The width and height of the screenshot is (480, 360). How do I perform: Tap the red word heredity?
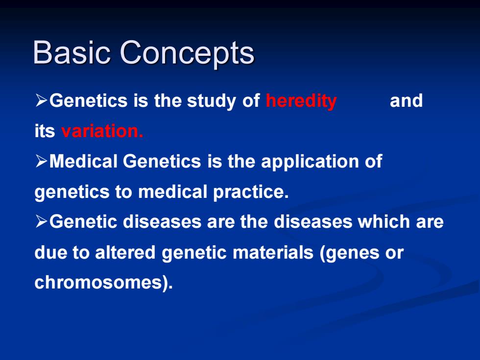point(301,101)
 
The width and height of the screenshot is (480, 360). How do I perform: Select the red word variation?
point(102,131)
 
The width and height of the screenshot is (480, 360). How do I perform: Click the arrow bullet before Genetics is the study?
point(41,100)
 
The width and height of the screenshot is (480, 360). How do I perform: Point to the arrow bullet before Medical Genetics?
point(41,161)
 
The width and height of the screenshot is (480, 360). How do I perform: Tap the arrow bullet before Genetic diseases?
point(41,221)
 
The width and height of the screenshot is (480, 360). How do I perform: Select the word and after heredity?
point(406,100)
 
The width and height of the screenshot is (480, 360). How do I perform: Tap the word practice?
point(251,192)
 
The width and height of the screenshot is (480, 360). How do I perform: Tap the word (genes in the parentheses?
point(349,254)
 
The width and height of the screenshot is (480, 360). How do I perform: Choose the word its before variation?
point(45,131)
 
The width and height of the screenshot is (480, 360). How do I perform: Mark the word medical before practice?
point(172,192)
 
